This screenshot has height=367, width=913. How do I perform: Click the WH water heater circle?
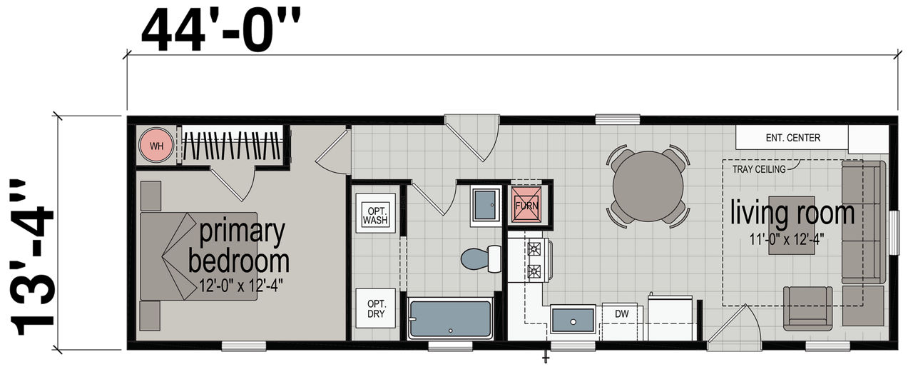click(x=156, y=146)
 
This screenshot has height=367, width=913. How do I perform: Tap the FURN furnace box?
click(x=526, y=205)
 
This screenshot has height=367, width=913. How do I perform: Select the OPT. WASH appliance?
click(x=375, y=213)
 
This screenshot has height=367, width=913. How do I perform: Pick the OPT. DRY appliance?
click(x=375, y=308)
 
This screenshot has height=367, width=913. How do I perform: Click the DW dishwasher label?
click(x=621, y=313)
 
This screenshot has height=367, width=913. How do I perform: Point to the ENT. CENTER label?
click(x=792, y=138)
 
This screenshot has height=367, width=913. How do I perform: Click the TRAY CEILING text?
click(x=758, y=169)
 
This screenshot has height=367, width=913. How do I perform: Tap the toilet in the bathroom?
click(x=481, y=258)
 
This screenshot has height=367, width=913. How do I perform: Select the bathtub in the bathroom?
click(x=450, y=319)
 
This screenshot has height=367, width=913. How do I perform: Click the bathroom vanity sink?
click(x=486, y=205)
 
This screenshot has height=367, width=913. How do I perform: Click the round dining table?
click(x=648, y=186)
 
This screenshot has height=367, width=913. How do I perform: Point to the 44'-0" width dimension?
click(x=220, y=29)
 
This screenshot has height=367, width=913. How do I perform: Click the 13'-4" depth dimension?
click(x=32, y=258)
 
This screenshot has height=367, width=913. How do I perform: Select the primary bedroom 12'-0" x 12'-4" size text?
click(x=240, y=286)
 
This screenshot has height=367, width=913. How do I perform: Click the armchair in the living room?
click(x=807, y=308)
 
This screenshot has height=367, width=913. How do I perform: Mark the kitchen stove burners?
click(x=534, y=260)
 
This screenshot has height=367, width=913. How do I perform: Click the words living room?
click(x=792, y=213)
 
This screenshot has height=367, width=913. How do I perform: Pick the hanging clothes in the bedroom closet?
click(x=233, y=146)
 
